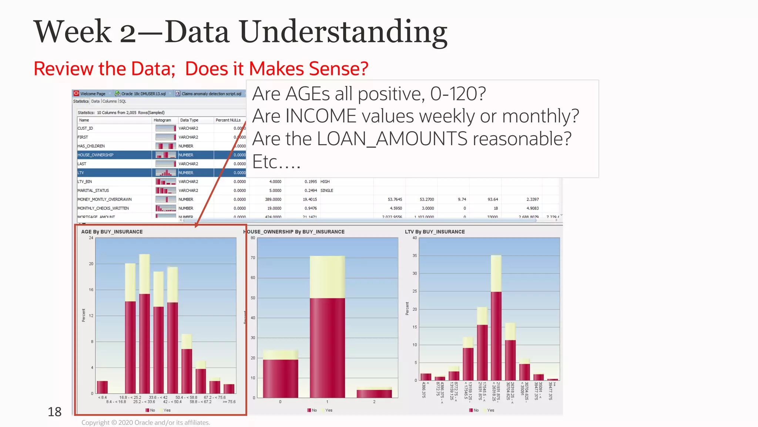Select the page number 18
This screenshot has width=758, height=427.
coord(54,412)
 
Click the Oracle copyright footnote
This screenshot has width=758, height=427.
coord(145,423)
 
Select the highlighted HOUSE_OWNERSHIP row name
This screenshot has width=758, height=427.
coord(95,155)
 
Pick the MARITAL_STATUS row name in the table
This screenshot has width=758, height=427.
coord(93,191)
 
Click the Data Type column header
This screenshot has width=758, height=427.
coord(189,120)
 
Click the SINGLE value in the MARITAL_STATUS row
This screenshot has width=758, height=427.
coord(326,191)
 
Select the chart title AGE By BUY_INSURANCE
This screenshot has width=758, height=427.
coord(112,232)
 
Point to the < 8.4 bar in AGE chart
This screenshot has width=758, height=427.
coord(102,387)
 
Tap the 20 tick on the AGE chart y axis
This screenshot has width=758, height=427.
coord(91,264)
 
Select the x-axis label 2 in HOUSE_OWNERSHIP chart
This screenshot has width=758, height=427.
coord(374,402)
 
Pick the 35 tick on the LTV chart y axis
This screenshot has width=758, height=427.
coord(415,256)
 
